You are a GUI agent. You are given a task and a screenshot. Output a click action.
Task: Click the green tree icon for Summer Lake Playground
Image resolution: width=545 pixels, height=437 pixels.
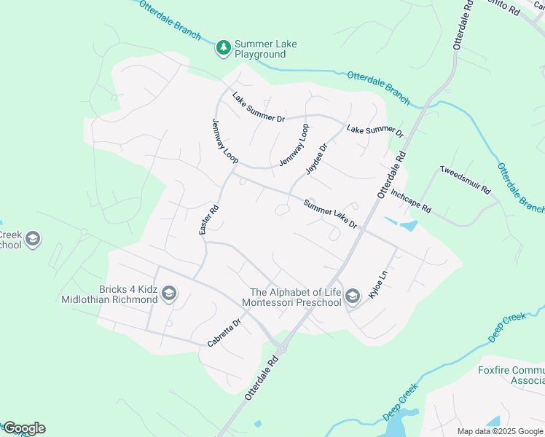[x=224, y=49]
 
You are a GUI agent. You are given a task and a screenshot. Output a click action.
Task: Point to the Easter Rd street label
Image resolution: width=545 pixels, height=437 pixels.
[x=209, y=219]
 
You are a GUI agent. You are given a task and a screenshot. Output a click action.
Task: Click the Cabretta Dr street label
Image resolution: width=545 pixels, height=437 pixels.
[x=224, y=332]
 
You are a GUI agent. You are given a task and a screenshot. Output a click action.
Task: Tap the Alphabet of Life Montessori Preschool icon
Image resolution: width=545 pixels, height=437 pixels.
[x=353, y=296]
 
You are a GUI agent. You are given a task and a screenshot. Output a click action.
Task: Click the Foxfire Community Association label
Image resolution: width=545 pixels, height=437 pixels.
[x=511, y=375]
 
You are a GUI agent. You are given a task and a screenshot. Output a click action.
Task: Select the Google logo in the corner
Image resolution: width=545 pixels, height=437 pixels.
[x=24, y=428]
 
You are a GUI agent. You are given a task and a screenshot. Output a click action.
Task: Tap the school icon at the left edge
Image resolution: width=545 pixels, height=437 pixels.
[x=32, y=238]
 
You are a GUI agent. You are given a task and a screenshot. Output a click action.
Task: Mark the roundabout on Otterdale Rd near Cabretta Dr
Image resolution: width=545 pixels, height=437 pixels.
[x=281, y=348]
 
